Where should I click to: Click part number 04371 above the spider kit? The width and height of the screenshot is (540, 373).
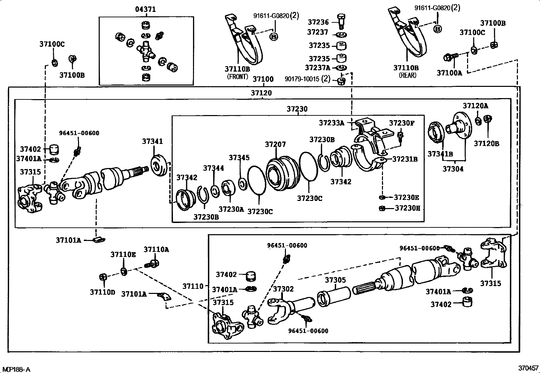pyautogui.click(x=146, y=10)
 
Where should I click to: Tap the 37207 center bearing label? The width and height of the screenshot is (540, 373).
pyautogui.click(x=275, y=145)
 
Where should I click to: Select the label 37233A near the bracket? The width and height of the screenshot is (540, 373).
pyautogui.click(x=331, y=123)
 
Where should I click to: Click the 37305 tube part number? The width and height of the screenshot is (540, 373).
pyautogui.click(x=335, y=280)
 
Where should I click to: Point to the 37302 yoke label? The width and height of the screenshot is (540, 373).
pyautogui.click(x=283, y=289)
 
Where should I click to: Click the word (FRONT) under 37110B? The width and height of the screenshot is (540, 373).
pyautogui.click(x=237, y=77)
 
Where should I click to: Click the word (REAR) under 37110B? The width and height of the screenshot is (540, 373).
pyautogui.click(x=407, y=75)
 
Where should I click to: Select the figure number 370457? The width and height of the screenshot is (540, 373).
pyautogui.click(x=528, y=368)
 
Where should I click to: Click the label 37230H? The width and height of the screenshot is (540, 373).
pyautogui.click(x=407, y=208)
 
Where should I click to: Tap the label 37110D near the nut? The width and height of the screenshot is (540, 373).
pyautogui.click(x=102, y=292)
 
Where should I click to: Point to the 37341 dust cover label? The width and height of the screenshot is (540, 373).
pyautogui.click(x=152, y=142)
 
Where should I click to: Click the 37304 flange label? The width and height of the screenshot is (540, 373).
pyautogui.click(x=453, y=169)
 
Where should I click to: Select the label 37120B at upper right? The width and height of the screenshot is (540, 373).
pyautogui.click(x=486, y=144)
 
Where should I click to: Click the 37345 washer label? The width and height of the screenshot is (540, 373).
pyautogui.click(x=239, y=157)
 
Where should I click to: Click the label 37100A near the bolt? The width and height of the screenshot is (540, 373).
pyautogui.click(x=449, y=73)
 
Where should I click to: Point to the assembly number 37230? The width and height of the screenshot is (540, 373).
pyautogui.click(x=297, y=109)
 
